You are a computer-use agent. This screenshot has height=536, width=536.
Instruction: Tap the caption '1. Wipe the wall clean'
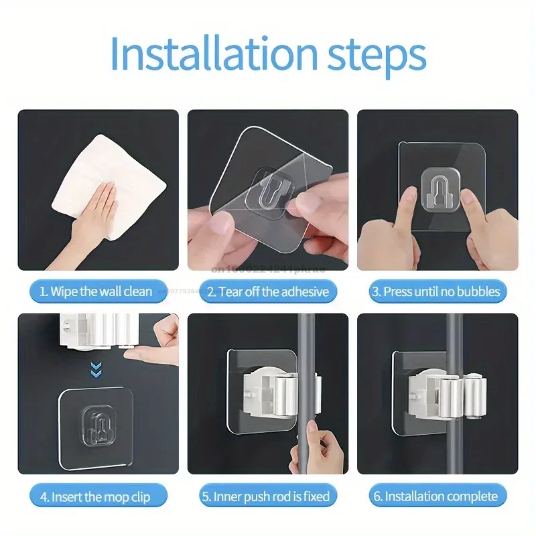tap(96, 291)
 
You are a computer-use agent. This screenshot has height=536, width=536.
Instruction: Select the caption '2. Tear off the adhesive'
tap(268, 291)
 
